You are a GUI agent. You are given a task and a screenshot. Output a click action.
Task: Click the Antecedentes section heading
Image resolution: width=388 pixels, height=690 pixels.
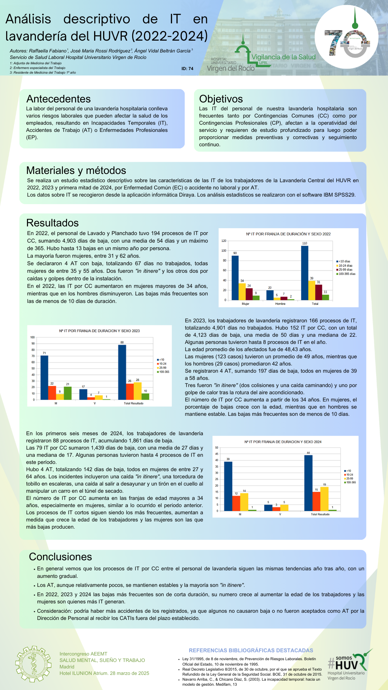[x=59, y=99]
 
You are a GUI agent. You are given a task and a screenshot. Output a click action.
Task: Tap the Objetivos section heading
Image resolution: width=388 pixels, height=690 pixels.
[x=221, y=99]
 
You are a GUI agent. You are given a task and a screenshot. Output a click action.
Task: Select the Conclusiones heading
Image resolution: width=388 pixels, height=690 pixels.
[x=60, y=557]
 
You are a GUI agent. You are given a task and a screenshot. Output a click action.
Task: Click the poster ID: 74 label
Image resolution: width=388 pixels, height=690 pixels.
[x=187, y=69]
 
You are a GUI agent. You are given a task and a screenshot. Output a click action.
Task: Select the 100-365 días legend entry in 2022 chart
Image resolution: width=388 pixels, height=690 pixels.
[x=346, y=274]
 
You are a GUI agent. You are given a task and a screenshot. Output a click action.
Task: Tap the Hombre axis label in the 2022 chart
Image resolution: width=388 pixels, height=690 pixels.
[x=280, y=304]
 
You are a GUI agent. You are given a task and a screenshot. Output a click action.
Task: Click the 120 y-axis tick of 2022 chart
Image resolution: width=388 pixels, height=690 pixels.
[x=224, y=241]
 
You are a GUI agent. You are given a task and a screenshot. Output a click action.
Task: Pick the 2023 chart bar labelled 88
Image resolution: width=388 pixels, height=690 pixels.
[x=122, y=372]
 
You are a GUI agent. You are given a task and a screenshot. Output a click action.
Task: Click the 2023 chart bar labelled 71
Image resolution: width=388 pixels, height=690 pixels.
[x=44, y=377]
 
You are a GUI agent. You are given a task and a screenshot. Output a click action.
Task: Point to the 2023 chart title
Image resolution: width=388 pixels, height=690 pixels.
[x=100, y=331]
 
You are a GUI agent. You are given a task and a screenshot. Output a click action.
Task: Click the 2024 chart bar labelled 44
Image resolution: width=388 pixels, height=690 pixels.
[x=308, y=483]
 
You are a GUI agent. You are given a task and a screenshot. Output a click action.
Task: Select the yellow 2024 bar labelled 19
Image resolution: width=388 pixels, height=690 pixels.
[x=324, y=498]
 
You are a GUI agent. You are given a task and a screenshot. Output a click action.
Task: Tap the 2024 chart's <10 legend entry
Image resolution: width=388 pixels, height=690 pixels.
[x=347, y=471]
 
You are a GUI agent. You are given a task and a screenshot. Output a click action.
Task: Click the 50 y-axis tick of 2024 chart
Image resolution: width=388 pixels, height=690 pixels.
[x=217, y=447]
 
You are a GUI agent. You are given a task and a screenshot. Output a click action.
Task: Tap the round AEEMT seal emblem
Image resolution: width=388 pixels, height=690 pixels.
[x=33, y=664]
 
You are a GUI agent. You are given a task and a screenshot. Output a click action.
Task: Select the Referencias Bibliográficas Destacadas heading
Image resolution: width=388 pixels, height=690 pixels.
[x=251, y=650]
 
